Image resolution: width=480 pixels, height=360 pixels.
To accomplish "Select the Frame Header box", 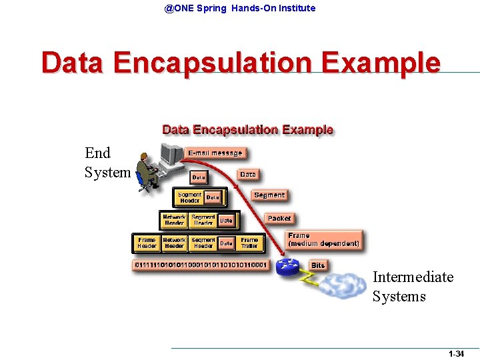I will pyautogui.click(x=147, y=243).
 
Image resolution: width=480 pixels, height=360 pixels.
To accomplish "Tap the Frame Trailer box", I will pyautogui.click(x=249, y=243).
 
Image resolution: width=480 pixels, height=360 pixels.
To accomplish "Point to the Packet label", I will pyautogui.click(x=279, y=219).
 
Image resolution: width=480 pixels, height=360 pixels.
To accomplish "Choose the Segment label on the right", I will pyautogui.click(x=269, y=195).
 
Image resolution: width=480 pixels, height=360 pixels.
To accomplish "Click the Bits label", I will pyautogui.click(x=318, y=265).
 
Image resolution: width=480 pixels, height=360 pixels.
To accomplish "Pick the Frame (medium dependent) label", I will pyautogui.click(x=324, y=239).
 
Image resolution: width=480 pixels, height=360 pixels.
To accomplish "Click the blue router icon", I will pyautogui.click(x=289, y=267).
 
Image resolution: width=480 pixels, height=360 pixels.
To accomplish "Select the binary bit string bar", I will pyautogui.click(x=200, y=265).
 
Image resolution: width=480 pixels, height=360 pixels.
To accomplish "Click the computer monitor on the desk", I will pyautogui.click(x=172, y=154).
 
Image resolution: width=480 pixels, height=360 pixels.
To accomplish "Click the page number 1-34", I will pyautogui.click(x=456, y=354).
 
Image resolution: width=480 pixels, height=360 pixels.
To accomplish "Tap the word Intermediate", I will pyautogui.click(x=413, y=277).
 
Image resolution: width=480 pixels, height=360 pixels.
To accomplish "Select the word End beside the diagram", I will pyautogui.click(x=97, y=153).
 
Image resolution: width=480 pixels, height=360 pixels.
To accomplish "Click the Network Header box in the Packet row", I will pyautogui.click(x=174, y=219).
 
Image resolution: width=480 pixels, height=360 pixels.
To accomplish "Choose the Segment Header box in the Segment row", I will pyautogui.click(x=189, y=197).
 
